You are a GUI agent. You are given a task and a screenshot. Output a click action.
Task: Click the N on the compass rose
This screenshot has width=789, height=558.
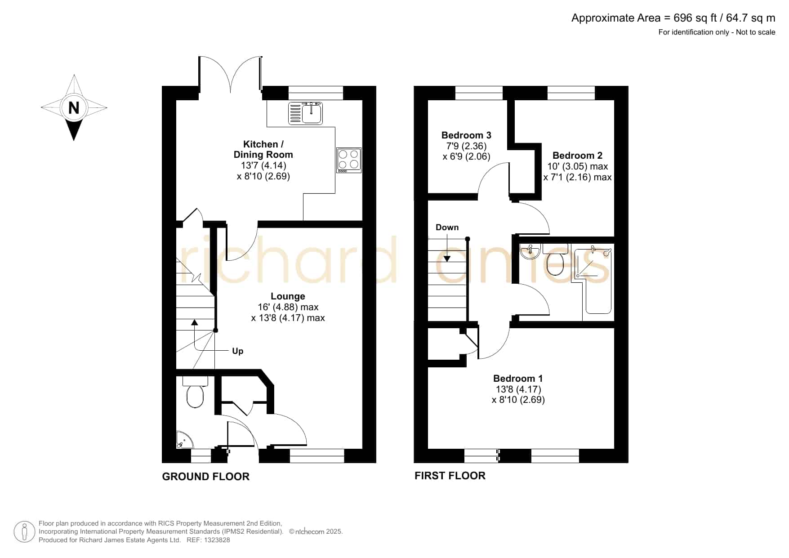74,108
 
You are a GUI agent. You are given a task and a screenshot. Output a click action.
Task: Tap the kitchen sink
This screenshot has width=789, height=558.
306,113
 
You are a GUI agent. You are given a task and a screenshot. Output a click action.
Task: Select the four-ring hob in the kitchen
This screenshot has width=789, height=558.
349,160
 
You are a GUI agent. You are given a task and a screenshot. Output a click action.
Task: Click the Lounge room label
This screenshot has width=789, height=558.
288,296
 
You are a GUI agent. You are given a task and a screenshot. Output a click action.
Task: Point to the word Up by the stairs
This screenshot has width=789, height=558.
238,351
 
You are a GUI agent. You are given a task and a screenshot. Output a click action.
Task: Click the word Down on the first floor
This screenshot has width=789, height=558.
447,228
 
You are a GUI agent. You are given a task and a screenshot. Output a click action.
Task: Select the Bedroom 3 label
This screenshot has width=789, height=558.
466,135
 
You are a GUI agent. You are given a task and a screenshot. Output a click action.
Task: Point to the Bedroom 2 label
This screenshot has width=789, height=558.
577,156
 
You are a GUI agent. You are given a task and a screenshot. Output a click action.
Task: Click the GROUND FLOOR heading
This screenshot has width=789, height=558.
205,477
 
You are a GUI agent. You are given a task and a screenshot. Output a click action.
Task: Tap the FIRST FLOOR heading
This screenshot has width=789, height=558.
450,476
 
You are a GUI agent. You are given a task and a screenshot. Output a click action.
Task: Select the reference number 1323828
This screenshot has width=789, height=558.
218,540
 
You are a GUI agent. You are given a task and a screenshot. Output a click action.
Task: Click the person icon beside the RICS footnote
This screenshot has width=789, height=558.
24,532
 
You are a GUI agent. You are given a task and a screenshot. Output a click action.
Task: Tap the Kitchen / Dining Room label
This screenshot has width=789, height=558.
263,149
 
